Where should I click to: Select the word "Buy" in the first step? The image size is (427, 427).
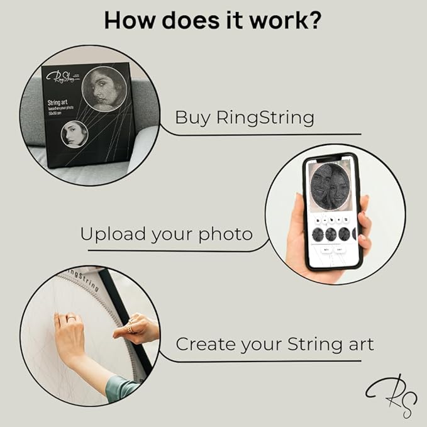point(191,118)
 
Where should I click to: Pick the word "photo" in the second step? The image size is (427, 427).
point(225,235)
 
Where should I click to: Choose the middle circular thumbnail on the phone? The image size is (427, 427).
point(331,234)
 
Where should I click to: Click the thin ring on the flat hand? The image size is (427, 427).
point(72,320)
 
